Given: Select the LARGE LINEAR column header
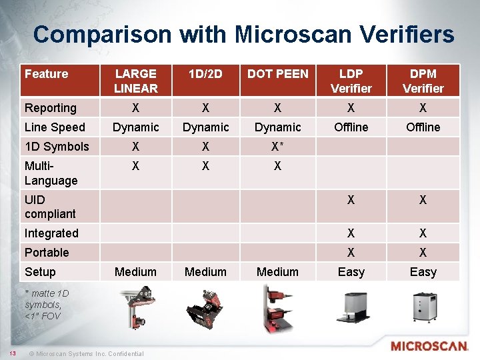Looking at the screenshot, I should click(135, 81).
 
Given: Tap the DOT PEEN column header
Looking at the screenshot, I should click(277, 74).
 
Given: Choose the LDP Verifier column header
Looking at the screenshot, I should click(351, 81).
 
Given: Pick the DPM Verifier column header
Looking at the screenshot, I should click(423, 81).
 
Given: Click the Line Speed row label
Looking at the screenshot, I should click(55, 127).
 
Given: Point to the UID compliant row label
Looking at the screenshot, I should click(50, 207).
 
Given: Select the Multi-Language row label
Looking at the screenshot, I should click(51, 173).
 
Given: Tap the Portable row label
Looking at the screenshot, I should click(47, 253).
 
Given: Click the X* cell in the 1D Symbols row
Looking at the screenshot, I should click(278, 147).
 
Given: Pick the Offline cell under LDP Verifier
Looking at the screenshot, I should click(351, 127).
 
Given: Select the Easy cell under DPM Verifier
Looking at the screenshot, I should click(423, 272).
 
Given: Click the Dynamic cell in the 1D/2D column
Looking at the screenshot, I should click(205, 127).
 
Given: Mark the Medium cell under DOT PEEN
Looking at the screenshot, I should click(277, 272).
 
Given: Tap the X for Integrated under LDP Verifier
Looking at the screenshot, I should click(351, 233).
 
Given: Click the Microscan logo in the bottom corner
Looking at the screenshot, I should click(429, 347).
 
